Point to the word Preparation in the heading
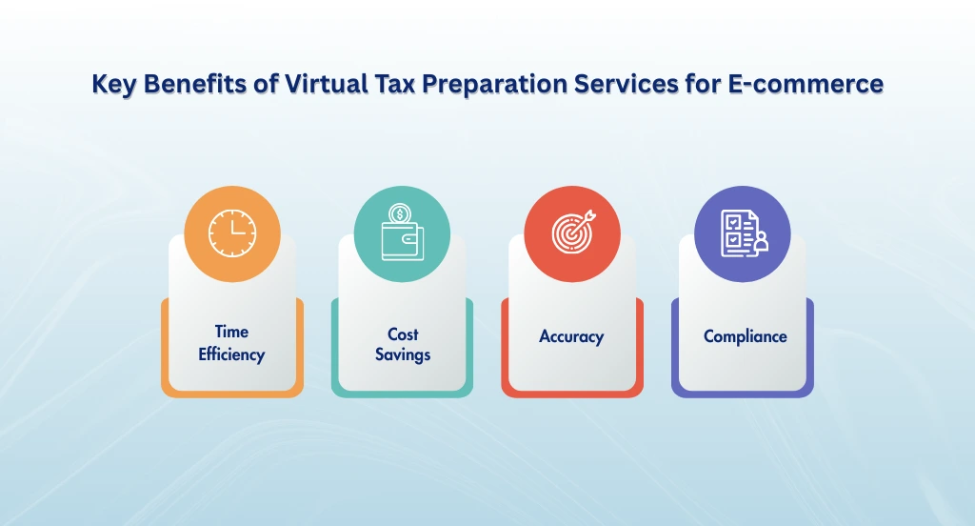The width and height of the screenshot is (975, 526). [499, 85]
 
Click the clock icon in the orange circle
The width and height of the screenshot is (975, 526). [232, 233]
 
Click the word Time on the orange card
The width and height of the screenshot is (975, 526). [231, 332]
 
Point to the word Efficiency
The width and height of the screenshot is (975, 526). [231, 354]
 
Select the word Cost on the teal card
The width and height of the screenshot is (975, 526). [403, 334]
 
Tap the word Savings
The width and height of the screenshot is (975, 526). [403, 354]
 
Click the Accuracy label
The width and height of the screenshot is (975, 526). [571, 336]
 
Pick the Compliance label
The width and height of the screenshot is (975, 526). [745, 336]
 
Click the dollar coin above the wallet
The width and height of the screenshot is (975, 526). [401, 213]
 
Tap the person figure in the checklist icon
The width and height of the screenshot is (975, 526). [759, 246]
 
